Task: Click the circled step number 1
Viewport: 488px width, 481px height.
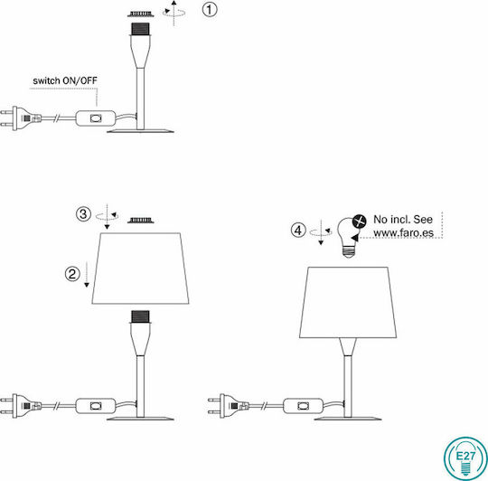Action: tap(210, 9)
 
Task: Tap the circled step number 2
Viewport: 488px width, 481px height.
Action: tap(72, 274)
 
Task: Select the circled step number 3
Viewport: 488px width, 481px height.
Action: tap(83, 214)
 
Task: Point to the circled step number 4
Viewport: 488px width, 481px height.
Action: tap(298, 231)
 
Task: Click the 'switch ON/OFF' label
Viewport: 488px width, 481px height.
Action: tap(65, 80)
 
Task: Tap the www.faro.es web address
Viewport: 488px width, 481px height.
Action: tap(403, 233)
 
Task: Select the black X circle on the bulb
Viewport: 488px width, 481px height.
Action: tap(360, 222)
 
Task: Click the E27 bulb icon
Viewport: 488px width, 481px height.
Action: tap(465, 458)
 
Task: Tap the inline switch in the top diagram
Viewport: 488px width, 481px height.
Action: tap(96, 118)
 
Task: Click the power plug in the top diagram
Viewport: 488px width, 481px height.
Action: tap(21, 118)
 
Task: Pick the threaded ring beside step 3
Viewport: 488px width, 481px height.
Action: tap(141, 221)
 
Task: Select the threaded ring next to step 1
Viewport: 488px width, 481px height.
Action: tap(141, 14)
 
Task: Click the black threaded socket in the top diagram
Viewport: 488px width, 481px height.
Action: tap(140, 29)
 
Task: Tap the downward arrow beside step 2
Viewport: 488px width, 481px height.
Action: tap(87, 274)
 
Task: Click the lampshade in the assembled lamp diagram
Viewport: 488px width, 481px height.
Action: tap(348, 302)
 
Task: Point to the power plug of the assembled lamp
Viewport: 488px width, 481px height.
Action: tap(229, 406)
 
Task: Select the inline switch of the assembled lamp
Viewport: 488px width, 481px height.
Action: tap(303, 406)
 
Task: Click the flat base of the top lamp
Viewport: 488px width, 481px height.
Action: tap(140, 131)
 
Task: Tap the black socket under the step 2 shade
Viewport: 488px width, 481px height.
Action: tap(140, 316)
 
